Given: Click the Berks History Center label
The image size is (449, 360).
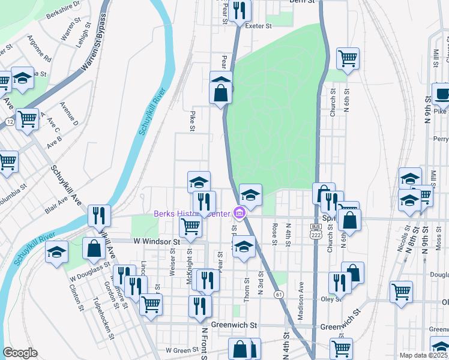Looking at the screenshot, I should (192, 214).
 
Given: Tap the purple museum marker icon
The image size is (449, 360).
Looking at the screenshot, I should (240, 213).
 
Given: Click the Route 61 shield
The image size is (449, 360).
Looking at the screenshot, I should (279, 294).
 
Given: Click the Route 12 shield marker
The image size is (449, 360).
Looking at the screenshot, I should (10, 122).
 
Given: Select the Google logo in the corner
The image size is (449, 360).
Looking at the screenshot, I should (20, 352).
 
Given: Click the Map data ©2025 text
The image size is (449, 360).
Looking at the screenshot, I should (423, 355).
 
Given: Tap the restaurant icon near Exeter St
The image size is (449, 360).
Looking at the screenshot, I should (240, 10).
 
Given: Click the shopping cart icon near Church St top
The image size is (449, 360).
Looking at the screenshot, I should (348, 58).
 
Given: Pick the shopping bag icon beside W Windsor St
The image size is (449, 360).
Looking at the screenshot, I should (94, 248).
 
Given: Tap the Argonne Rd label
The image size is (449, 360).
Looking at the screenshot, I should (38, 52).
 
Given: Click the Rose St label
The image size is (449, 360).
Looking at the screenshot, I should (274, 235).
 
